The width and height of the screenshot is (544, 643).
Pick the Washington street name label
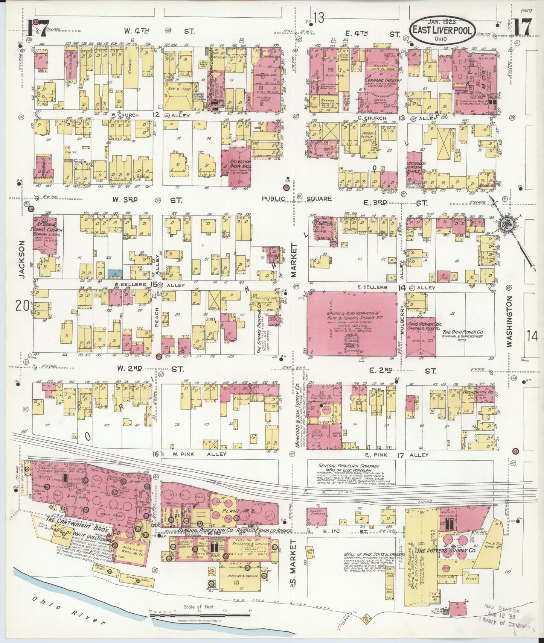click(x=509, y=321)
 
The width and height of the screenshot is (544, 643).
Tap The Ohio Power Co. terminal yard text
click(x=462, y=335)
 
